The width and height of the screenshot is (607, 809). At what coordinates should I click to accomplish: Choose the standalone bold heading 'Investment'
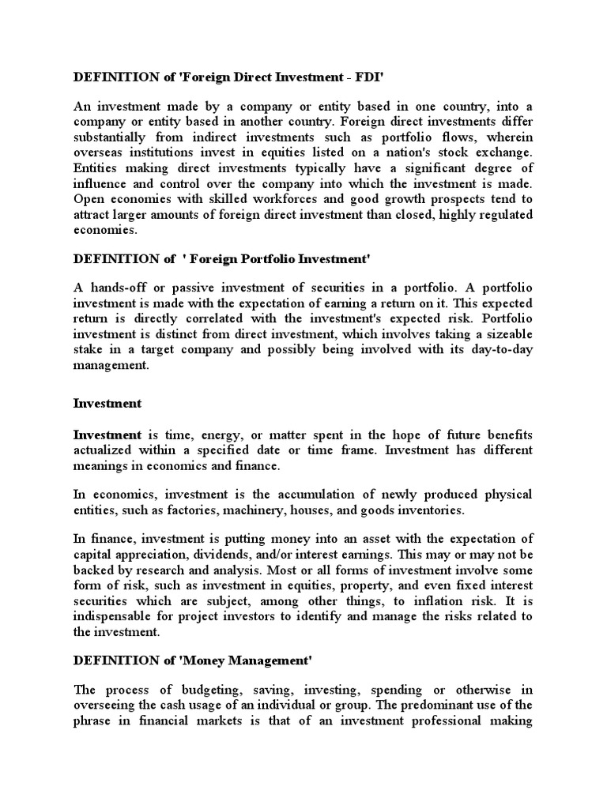click(x=107, y=403)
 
